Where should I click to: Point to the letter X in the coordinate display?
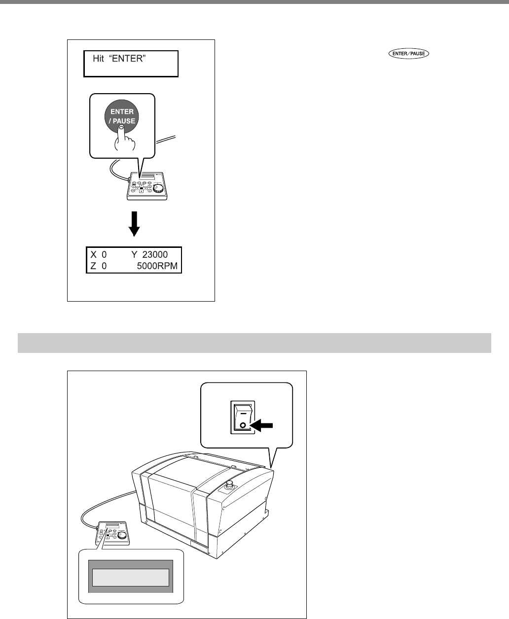93,255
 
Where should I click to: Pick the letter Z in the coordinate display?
93,267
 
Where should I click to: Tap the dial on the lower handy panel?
122,535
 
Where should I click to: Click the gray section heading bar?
254,343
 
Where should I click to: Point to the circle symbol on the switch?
243,424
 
